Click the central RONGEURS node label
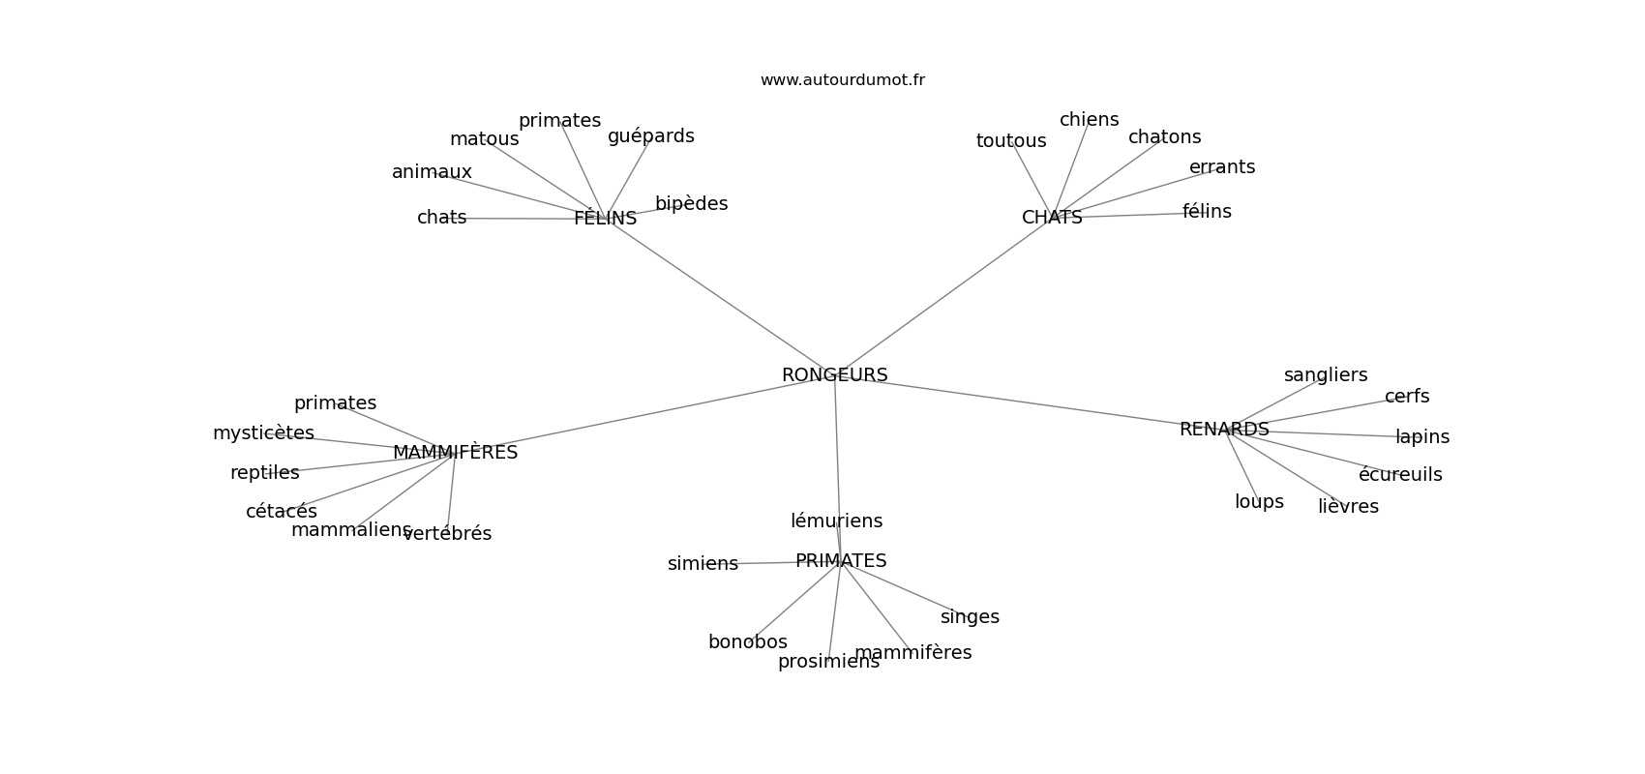click(834, 375)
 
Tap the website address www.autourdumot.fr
click(842, 80)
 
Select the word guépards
click(650, 136)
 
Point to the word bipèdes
click(691, 204)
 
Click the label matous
click(484, 139)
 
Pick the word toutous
click(1011, 141)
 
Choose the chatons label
click(1164, 137)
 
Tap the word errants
click(1222, 167)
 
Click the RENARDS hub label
click(1224, 430)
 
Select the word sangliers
click(1326, 375)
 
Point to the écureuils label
click(1400, 475)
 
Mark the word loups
click(1259, 502)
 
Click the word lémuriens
click(836, 521)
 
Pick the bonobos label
click(747, 642)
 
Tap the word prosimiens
click(828, 662)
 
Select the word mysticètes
click(263, 433)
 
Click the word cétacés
click(281, 512)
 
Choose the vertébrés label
click(448, 534)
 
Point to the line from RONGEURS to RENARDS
click(1026, 402)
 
